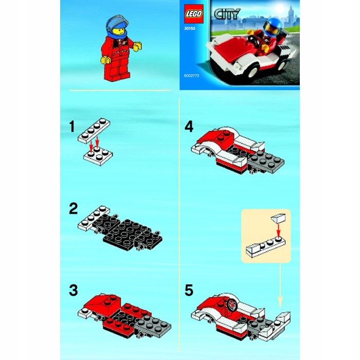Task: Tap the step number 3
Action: pyautogui.click(x=74, y=290)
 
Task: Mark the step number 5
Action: pyautogui.click(x=189, y=290)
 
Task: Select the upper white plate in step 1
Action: pyautogui.click(x=95, y=130)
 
